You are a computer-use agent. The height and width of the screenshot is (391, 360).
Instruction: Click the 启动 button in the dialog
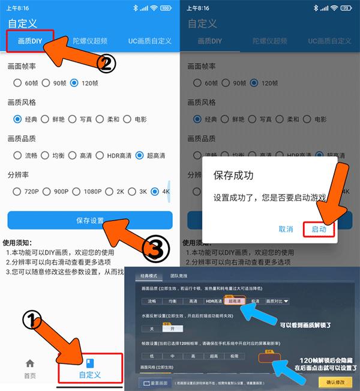319,229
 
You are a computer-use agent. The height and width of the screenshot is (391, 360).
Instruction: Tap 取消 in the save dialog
286,229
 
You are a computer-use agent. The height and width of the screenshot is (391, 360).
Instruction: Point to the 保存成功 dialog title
233,176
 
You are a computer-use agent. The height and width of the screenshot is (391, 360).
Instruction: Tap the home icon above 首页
29,363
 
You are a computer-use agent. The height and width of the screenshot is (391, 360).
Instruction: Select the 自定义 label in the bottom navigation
90,375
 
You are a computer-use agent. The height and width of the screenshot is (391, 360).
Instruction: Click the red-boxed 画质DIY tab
30,41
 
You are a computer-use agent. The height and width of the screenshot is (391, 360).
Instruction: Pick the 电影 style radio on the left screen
128,119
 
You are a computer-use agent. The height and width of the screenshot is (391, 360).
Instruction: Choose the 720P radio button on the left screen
17,192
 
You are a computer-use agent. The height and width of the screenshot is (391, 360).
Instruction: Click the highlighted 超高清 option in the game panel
233,301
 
